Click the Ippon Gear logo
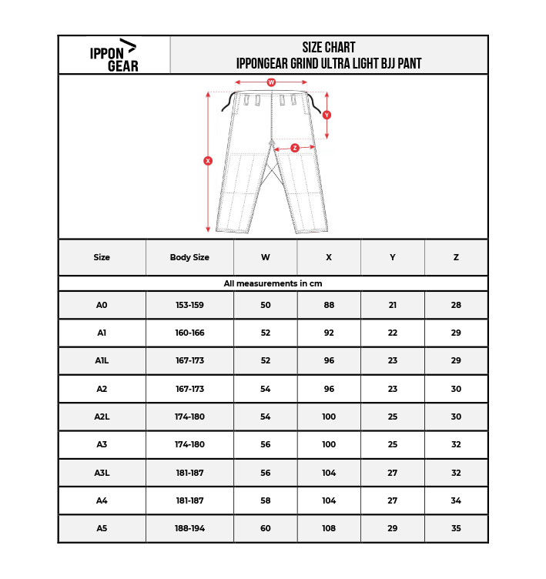click(x=114, y=55)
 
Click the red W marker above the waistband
click(x=271, y=82)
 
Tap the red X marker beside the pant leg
click(x=208, y=161)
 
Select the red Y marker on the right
click(x=327, y=115)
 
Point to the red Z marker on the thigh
click(x=295, y=148)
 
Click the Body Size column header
click(x=189, y=257)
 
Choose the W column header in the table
click(x=266, y=257)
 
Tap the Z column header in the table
click(x=456, y=257)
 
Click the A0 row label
click(x=102, y=305)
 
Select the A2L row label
click(x=102, y=417)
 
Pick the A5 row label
click(x=102, y=528)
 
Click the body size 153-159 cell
click(x=189, y=305)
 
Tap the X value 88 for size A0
click(x=329, y=305)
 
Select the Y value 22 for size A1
click(x=393, y=333)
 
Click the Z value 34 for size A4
click(x=456, y=500)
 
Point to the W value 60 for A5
click(x=266, y=528)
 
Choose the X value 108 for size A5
click(x=329, y=528)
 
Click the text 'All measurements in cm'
click(x=273, y=283)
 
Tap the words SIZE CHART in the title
click(x=329, y=48)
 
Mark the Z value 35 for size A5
click(x=456, y=528)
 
